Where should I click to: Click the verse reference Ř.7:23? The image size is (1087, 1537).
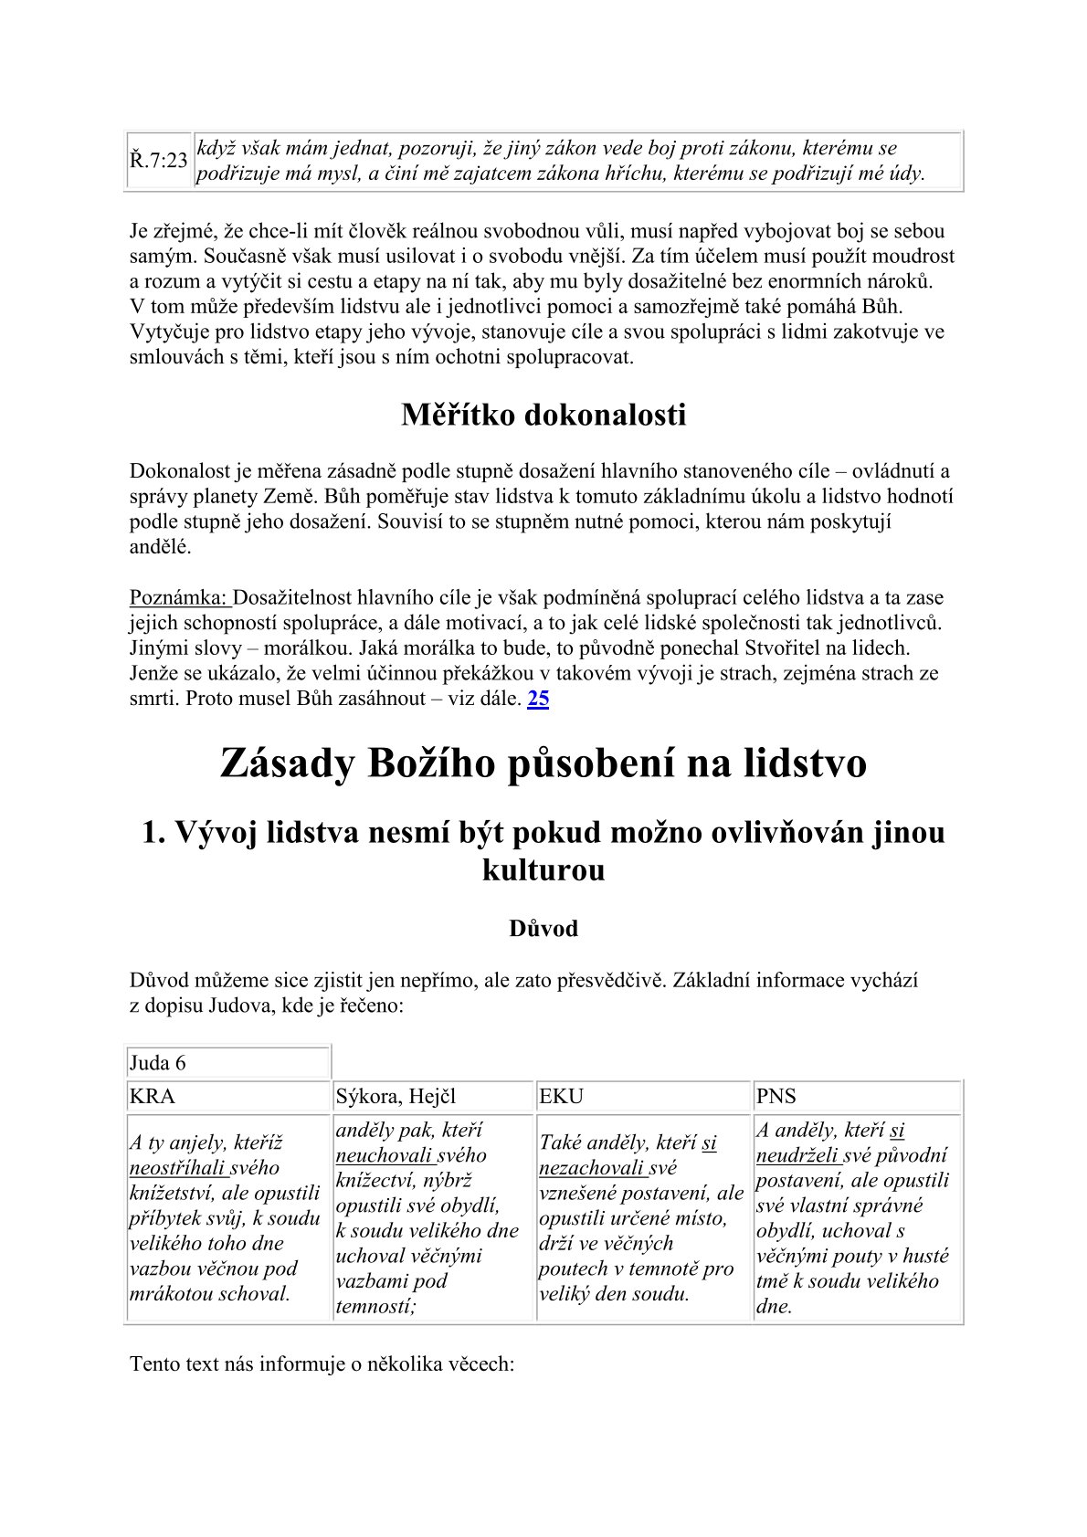click(158, 161)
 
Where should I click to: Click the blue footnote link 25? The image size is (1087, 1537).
click(539, 699)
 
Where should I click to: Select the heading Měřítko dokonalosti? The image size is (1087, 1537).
click(543, 415)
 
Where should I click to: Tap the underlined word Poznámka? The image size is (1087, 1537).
click(179, 598)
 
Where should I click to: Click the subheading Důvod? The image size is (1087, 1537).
click(543, 929)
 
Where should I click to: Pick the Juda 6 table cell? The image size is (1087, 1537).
click(158, 1063)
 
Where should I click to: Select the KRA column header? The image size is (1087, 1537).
click(153, 1097)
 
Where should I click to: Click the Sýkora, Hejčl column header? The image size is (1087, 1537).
click(396, 1097)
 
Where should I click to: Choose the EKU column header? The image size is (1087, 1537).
click(561, 1097)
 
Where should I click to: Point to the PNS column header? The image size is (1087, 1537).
click(776, 1097)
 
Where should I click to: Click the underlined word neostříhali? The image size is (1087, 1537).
click(177, 1168)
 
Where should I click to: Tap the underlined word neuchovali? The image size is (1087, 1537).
click(383, 1155)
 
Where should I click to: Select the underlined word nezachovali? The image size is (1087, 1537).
click(590, 1168)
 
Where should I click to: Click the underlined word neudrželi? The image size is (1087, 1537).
click(797, 1155)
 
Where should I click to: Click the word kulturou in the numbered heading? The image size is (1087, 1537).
click(543, 869)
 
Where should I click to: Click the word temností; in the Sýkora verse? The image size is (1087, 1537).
click(375, 1306)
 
